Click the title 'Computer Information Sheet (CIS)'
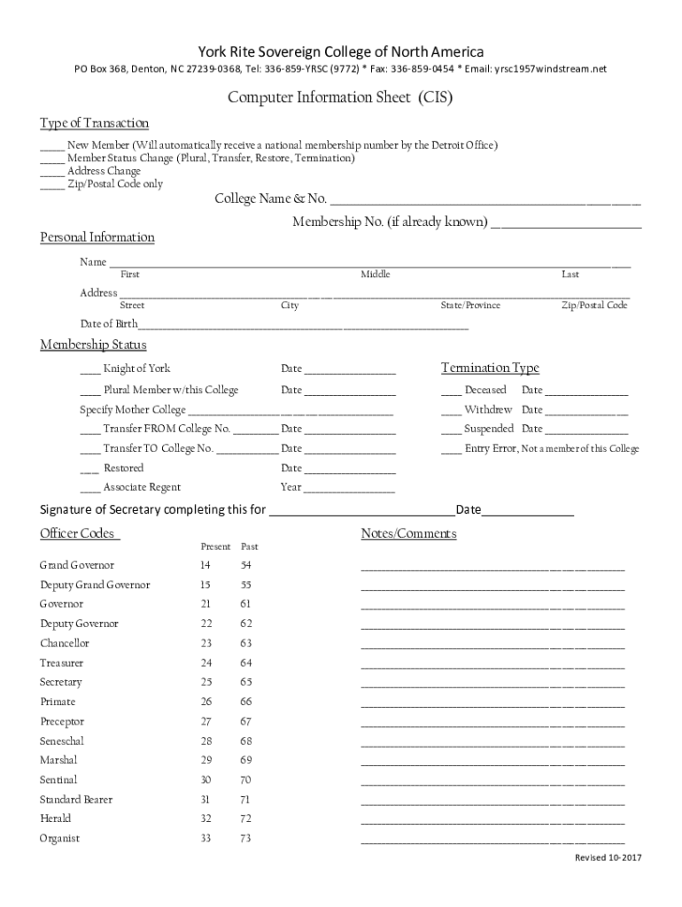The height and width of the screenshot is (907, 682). (x=340, y=98)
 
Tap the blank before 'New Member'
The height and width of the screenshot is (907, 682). (x=51, y=145)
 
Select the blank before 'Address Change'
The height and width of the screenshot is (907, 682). (x=51, y=172)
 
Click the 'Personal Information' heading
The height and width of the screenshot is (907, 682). (x=97, y=237)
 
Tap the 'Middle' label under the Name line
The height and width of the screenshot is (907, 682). (x=375, y=275)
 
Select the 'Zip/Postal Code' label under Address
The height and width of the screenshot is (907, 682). (x=594, y=306)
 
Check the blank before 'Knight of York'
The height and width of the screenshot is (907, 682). (x=89, y=370)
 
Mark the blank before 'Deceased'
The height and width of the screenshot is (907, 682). (x=450, y=391)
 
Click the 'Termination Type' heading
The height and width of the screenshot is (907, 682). (x=490, y=368)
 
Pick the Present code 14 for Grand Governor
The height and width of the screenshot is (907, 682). (x=205, y=565)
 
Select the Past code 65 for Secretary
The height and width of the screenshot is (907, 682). (x=245, y=682)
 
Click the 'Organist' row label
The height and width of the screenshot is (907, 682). (x=59, y=838)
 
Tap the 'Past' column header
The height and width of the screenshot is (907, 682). (x=249, y=547)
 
